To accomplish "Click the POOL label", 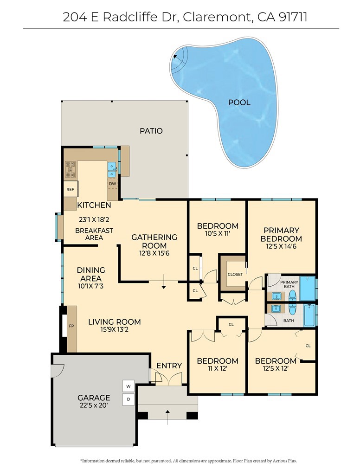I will coord(239,103).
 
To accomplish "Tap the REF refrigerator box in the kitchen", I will coord(70,189).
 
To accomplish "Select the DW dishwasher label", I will coord(112,184).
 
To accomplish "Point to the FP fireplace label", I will coord(71,326).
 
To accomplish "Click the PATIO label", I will coord(151,131).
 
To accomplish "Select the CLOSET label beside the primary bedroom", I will coord(235,274).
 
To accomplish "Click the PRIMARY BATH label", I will coord(289,284).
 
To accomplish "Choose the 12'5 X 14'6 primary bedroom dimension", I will coord(281,247).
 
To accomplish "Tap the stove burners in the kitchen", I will coord(70,169).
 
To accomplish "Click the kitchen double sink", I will coord(112,170).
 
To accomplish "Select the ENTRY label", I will coord(169,366).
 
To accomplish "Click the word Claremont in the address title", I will coord(215,17).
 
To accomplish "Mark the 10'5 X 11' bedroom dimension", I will coord(217,235).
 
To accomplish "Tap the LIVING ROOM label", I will coord(115,322).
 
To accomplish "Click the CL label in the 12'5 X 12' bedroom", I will coord(308,346).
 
